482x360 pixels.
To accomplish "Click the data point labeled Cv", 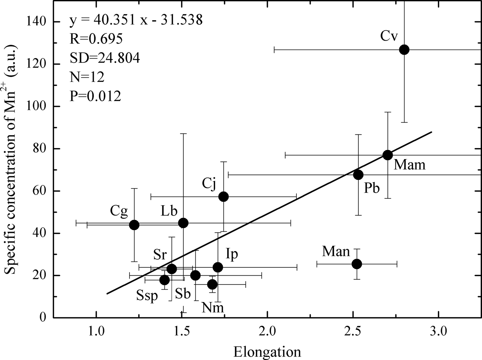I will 404,50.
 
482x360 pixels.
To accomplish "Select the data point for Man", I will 357,264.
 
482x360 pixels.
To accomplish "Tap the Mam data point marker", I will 388,155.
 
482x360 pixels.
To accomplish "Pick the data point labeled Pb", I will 358,175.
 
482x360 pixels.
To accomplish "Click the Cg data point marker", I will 134,225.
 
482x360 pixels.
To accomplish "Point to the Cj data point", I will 224,197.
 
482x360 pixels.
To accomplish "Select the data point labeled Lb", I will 184,223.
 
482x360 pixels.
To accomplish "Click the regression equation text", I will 136,20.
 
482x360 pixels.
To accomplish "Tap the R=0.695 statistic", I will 96,39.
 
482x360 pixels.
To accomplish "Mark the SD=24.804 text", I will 105,58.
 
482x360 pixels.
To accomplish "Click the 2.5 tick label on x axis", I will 353,331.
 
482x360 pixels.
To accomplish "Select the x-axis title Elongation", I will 267,352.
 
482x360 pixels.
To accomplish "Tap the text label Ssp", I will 147,295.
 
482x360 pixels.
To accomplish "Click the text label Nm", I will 213,307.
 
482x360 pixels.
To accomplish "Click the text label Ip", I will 232,254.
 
